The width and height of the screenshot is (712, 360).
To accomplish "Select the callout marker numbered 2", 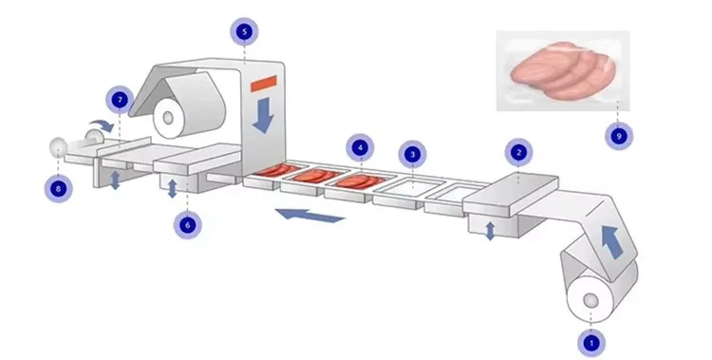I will pyautogui.click(x=518, y=151).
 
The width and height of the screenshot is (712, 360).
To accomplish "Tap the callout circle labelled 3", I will pyautogui.click(x=411, y=153).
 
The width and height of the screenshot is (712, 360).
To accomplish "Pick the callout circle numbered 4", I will pyautogui.click(x=358, y=147).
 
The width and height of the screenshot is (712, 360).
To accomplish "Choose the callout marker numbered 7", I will pyautogui.click(x=120, y=99).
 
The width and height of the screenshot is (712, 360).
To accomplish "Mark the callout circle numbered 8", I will pyautogui.click(x=58, y=187).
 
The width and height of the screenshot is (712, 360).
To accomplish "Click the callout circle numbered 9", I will pyautogui.click(x=619, y=135).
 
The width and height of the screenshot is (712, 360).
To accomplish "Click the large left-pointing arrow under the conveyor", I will pyautogui.click(x=310, y=216).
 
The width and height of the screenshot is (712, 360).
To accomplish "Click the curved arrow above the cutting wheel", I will pyautogui.click(x=97, y=125).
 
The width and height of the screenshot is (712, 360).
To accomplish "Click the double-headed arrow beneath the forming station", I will pyautogui.click(x=490, y=229).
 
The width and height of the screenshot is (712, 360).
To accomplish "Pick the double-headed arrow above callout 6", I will pyautogui.click(x=172, y=188).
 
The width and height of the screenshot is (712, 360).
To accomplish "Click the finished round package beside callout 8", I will pyautogui.click(x=57, y=147).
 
